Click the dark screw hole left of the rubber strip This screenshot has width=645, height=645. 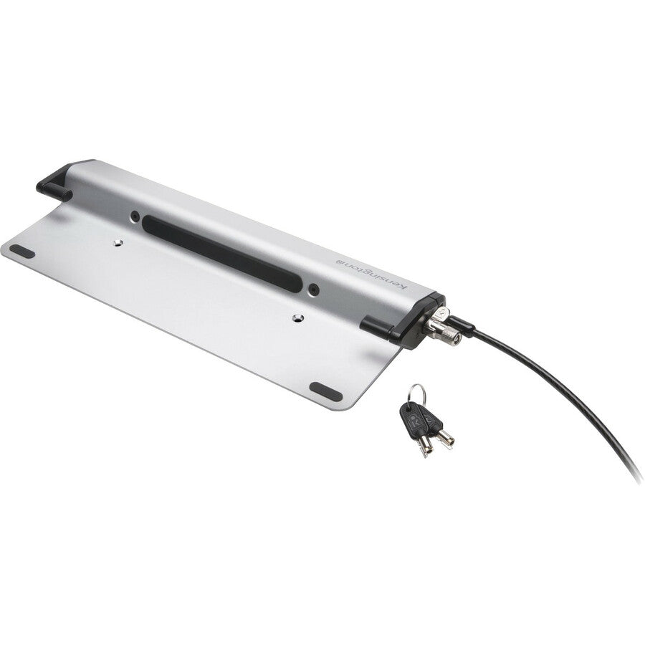[x=135, y=216]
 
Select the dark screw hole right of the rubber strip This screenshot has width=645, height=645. [x=314, y=290]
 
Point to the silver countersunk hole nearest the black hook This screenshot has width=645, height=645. [x=118, y=242]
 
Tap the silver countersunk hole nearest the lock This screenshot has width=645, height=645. [x=298, y=318]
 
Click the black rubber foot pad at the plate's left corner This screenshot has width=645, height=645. [x=22, y=251]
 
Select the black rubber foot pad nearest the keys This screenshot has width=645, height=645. [x=326, y=391]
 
